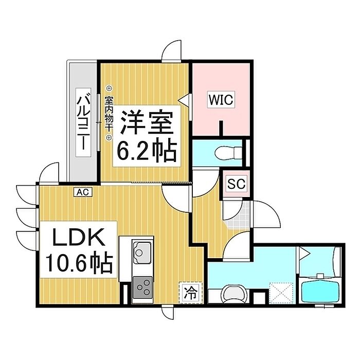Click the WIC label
[x=221, y=100]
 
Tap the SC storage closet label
[x=237, y=184]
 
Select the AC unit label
[x=83, y=192]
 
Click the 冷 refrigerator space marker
[x=191, y=293]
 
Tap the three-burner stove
[x=142, y=287]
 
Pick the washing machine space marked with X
[x=281, y=293]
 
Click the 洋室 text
[x=147, y=123]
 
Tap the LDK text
[x=78, y=237]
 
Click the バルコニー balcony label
[x=83, y=122]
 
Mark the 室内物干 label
[x=109, y=114]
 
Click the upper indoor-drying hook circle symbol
[x=109, y=88]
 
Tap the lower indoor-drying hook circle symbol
[x=109, y=137]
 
